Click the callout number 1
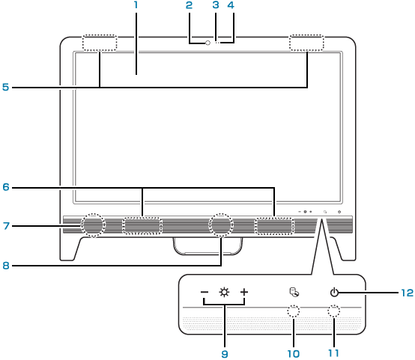(x=136, y=4)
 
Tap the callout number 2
(x=189, y=4)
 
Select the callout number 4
(x=231, y=4)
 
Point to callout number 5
(x=5, y=87)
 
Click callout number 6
(x=6, y=187)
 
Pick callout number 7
(x=6, y=226)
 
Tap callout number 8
(x=6, y=265)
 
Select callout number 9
(x=225, y=354)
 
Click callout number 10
(x=293, y=354)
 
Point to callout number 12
(x=407, y=293)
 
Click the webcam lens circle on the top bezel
(x=207, y=43)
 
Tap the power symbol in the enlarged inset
(x=334, y=293)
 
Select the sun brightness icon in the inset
(x=224, y=293)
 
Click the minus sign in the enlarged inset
(x=205, y=293)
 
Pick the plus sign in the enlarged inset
(x=244, y=293)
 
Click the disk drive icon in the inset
(x=294, y=293)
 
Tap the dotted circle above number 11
(x=334, y=311)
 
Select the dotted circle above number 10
(x=294, y=311)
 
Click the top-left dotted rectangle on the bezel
(x=100, y=43)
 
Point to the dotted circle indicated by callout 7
(x=93, y=225)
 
